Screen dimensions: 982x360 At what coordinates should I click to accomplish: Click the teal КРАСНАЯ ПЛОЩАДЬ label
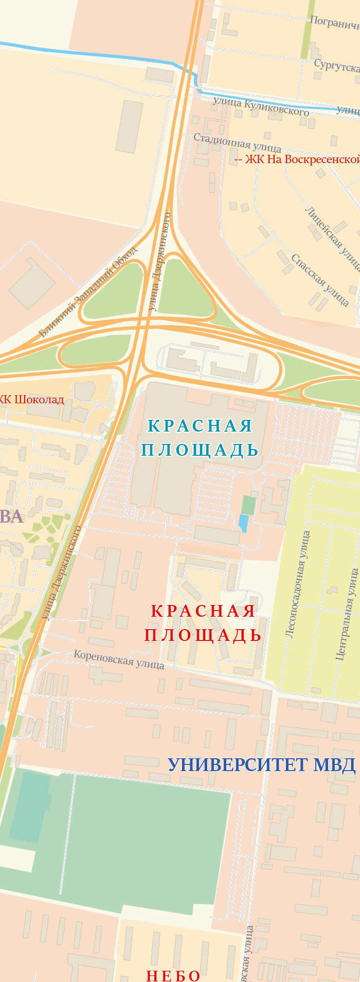(x=200, y=438)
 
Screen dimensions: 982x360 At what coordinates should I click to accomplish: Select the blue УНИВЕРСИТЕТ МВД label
(x=261, y=765)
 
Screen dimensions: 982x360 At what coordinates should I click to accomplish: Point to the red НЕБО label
(x=173, y=975)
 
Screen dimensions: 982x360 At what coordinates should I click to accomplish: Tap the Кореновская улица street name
(x=119, y=659)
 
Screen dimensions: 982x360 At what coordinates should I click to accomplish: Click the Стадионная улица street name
(x=237, y=142)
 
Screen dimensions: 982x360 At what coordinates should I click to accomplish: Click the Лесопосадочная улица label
(x=298, y=584)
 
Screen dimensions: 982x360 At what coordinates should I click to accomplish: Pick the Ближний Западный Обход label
(x=88, y=292)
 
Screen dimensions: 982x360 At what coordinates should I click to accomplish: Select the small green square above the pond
(x=248, y=505)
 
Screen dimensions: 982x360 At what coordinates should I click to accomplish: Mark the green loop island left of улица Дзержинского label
(x=113, y=291)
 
